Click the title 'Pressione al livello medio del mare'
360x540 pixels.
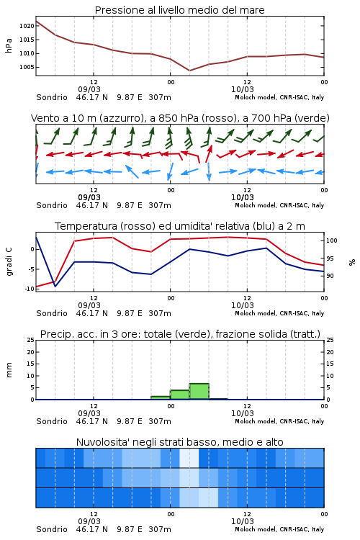click(x=179, y=10)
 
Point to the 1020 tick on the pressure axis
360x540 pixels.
click(x=27, y=26)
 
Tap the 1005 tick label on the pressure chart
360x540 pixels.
click(x=27, y=67)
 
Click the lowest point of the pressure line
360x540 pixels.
click(x=189, y=71)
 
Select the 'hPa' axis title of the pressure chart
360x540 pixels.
click(x=9, y=45)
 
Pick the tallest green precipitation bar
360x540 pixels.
click(x=199, y=391)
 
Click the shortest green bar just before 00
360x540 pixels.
click(x=161, y=397)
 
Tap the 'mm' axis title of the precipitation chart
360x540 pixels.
click(x=9, y=370)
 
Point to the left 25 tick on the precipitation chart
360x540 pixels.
click(x=31, y=340)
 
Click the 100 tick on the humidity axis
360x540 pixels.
click(x=332, y=240)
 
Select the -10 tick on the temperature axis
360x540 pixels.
click(x=30, y=289)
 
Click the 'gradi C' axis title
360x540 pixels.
click(x=9, y=262)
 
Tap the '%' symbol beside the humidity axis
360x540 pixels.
click(x=352, y=262)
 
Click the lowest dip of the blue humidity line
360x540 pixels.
click(x=55, y=286)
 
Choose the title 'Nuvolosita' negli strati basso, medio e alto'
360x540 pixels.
click(x=179, y=442)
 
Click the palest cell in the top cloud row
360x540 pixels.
click(x=189, y=458)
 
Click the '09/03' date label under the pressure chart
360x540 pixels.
click(x=89, y=89)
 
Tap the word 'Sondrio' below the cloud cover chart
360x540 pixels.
click(x=52, y=529)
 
